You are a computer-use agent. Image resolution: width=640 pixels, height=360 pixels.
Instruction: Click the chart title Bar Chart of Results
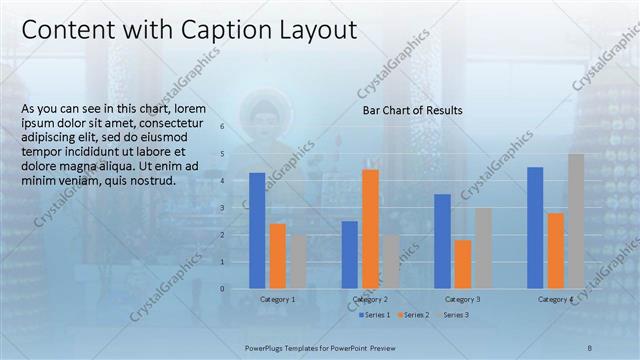coord(412,111)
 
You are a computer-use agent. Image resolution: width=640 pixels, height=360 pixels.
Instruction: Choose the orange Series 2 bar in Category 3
coord(462,263)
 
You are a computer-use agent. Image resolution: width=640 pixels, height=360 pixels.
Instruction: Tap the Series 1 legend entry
coord(376,315)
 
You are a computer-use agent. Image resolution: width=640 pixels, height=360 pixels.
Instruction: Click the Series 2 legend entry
coord(415,315)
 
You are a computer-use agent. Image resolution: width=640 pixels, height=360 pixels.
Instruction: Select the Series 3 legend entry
coord(454,315)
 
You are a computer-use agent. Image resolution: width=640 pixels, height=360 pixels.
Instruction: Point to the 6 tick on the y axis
coord(236,127)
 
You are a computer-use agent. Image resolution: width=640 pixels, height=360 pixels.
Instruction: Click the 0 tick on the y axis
coord(236,288)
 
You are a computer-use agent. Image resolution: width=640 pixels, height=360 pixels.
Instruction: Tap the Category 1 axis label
coord(277,299)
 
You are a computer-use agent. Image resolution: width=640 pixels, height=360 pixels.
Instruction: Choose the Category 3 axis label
coord(462,299)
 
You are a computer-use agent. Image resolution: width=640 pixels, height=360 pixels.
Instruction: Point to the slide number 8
coord(589,347)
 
